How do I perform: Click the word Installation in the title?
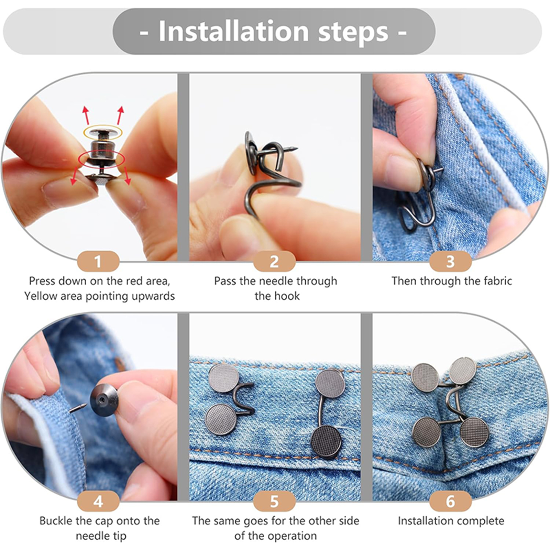point(234,31)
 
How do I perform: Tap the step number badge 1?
point(98,261)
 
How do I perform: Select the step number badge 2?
point(274,261)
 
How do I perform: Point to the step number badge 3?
point(450,261)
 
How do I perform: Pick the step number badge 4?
point(98,501)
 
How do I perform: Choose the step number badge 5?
point(274,501)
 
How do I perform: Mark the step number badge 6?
point(450,501)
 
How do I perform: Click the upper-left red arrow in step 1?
point(86,115)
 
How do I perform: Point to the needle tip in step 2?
point(296,148)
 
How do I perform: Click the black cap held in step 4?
point(104,400)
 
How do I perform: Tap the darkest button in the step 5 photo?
point(326,442)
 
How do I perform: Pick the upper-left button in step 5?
point(224,377)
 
